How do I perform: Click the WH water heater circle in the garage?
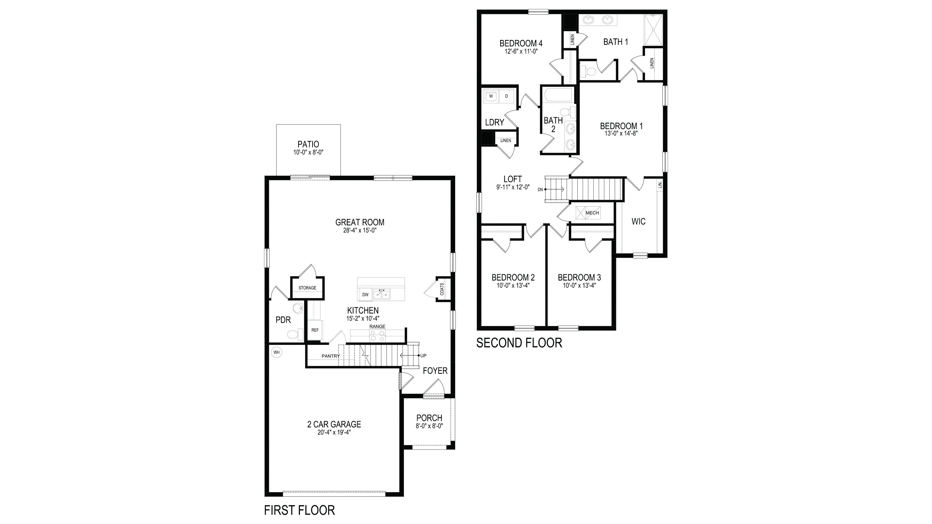coord(276,352)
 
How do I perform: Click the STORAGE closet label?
coord(307,288)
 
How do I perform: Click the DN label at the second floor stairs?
coord(540,189)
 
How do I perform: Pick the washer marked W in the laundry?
coord(491,96)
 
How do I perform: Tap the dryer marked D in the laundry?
coord(506,96)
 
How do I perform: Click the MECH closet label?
coord(592,213)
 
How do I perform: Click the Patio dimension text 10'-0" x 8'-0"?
coord(308,153)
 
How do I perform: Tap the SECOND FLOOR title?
coord(519,343)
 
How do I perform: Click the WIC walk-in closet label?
coord(638,221)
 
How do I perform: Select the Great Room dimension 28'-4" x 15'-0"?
coord(360,230)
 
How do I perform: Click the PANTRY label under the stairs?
coord(331,356)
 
